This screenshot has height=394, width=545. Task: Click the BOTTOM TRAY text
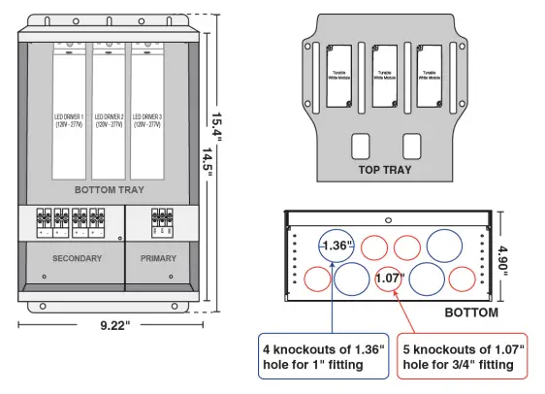(x=109, y=190)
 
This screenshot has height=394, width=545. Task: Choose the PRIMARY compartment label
(x=160, y=259)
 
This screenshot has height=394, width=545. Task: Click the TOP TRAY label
(x=385, y=170)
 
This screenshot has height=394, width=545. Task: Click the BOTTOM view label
(x=471, y=312)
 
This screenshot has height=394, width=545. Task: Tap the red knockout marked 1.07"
(x=389, y=279)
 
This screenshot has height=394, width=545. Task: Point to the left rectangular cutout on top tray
(x=359, y=146)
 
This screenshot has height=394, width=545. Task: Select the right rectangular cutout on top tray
(x=411, y=146)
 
